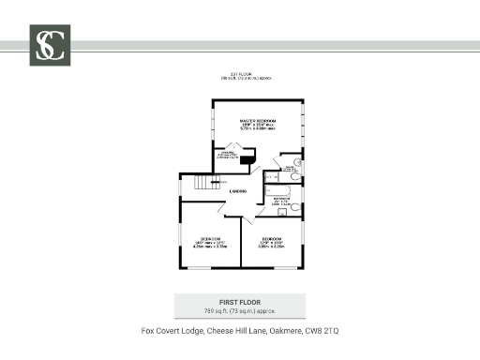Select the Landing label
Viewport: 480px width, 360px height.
237,191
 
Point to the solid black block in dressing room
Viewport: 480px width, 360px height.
247,160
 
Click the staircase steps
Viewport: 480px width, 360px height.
202,183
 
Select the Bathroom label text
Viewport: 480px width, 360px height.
280,199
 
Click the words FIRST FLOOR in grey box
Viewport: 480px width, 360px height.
239,302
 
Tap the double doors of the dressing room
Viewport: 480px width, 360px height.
231,145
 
